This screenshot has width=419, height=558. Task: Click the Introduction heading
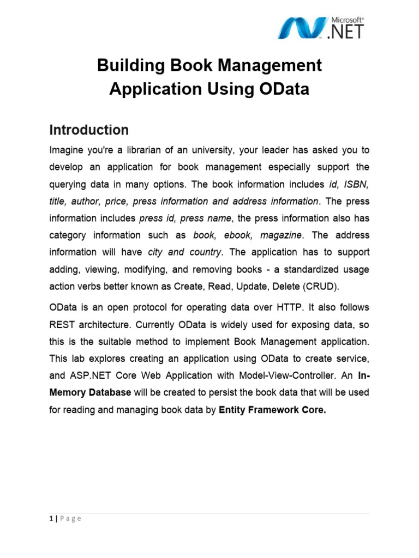pyautogui.click(x=89, y=130)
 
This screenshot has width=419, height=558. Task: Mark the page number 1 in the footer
pyautogui.click(x=51, y=518)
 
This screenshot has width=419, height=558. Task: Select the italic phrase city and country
pyautogui.click(x=185, y=253)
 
